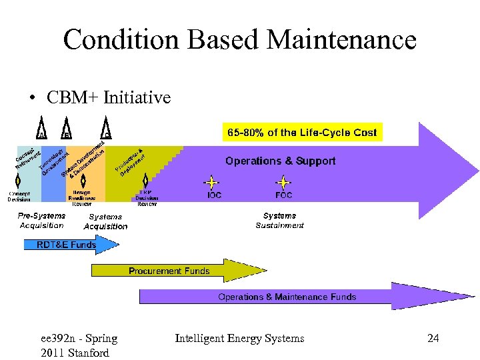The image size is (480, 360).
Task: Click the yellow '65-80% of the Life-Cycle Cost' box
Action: pos(303,132)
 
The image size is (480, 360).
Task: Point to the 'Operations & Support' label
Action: pos(280,161)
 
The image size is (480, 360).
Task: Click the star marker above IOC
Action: pos(211,181)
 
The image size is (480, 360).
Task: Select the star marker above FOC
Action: pos(284,181)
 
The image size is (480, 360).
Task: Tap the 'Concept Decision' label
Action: pos(19,196)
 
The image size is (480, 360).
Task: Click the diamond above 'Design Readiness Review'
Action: pos(82,181)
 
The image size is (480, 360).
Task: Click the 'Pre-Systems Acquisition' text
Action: pos(41,220)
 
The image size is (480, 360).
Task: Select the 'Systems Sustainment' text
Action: pos(279,220)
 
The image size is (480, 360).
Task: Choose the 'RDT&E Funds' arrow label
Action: pos(66,245)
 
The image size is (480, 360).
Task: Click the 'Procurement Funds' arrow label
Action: pos(169,271)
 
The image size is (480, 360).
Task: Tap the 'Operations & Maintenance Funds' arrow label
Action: pos(287,297)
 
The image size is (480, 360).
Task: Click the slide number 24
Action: pos(433,339)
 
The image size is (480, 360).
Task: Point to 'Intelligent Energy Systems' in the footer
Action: pos(239,339)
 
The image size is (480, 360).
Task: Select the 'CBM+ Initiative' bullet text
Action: pos(109,97)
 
